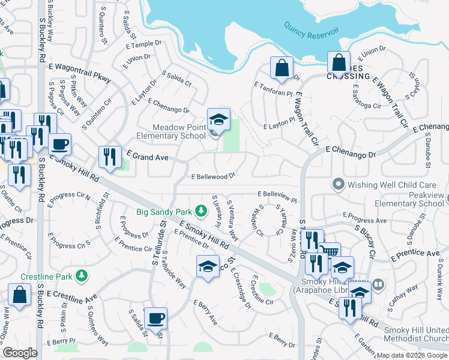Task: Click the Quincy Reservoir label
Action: pos(310,31)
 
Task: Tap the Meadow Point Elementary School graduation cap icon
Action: pos(218,119)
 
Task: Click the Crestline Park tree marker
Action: pos(79,276)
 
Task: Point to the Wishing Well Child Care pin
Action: pos(338,184)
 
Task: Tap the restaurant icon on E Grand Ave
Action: pos(110,157)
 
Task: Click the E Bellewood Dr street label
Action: pos(212,177)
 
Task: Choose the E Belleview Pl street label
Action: pos(277,196)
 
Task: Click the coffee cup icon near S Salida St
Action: pos(155,318)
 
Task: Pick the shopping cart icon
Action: pos(329,251)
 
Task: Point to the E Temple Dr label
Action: pos(144,45)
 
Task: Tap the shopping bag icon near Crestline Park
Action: pos(19,295)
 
